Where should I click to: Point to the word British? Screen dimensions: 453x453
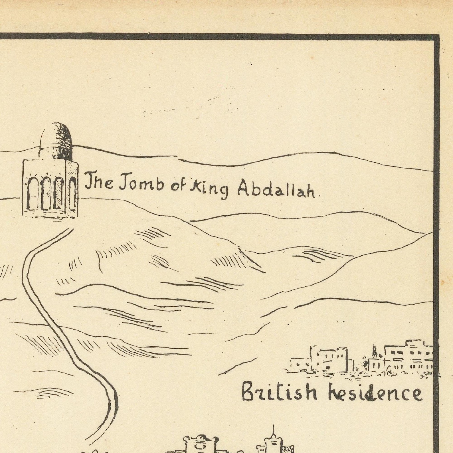(279, 392)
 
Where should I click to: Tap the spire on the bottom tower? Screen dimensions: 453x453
(274, 434)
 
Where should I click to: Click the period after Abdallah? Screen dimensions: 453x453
(319, 196)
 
